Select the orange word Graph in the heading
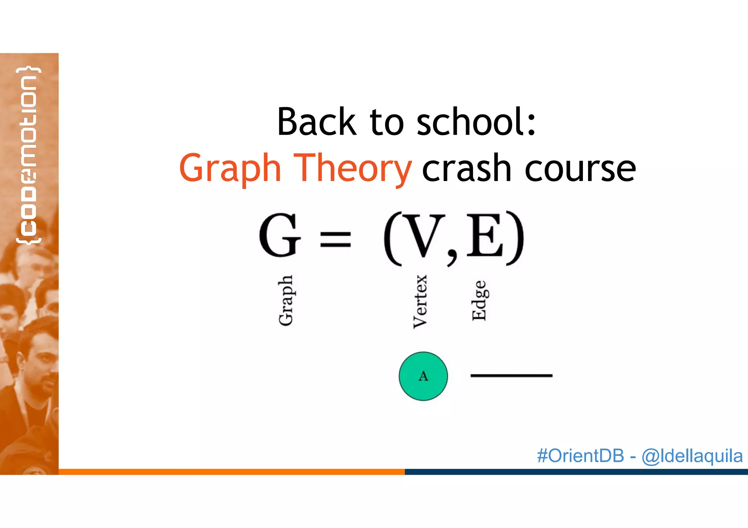(x=230, y=168)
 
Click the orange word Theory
(x=352, y=168)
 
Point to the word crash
(x=466, y=168)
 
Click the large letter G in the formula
(x=279, y=235)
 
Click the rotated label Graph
(x=286, y=300)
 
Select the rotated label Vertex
(x=420, y=302)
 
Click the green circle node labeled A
(x=423, y=376)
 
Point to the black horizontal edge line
(x=511, y=375)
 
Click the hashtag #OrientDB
(x=580, y=456)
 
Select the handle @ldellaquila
(x=692, y=456)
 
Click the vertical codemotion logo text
(x=28, y=155)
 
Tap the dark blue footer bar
(x=576, y=472)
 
